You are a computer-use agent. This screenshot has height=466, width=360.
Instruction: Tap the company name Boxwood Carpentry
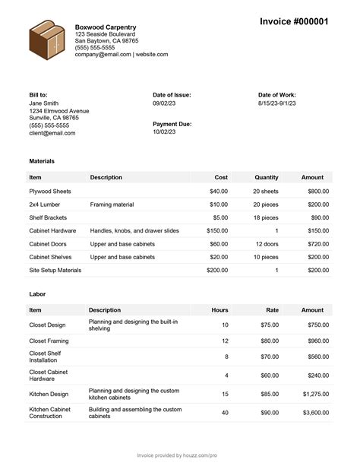pyautogui.click(x=106, y=27)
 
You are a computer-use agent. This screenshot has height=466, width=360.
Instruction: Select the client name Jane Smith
pyautogui.click(x=43, y=103)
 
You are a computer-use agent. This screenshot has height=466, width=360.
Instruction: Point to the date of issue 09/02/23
pyautogui.click(x=164, y=103)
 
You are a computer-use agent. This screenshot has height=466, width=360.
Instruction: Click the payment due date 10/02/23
pyautogui.click(x=164, y=132)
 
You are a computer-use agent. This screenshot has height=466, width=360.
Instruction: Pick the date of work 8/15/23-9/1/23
pyautogui.click(x=277, y=103)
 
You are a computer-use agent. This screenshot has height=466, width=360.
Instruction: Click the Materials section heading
pyautogui.click(x=42, y=161)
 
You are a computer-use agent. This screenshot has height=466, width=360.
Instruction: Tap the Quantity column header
pyautogui.click(x=266, y=177)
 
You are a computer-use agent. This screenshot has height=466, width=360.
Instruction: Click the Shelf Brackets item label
pyautogui.click(x=49, y=217)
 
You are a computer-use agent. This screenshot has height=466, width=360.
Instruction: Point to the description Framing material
pyautogui.click(x=112, y=204)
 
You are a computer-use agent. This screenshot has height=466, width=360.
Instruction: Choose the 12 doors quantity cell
pyautogui.click(x=267, y=244)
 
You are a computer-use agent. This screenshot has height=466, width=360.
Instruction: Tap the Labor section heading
pyautogui.click(x=36, y=294)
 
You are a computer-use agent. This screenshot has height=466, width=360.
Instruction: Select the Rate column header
pyautogui.click(x=272, y=310)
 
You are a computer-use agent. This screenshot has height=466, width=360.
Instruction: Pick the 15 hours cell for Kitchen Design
pyautogui.click(x=225, y=394)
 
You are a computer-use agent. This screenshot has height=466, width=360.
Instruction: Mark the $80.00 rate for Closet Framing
pyautogui.click(x=269, y=341)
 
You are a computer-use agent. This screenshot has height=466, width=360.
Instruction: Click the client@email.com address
pyautogui.click(x=52, y=133)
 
